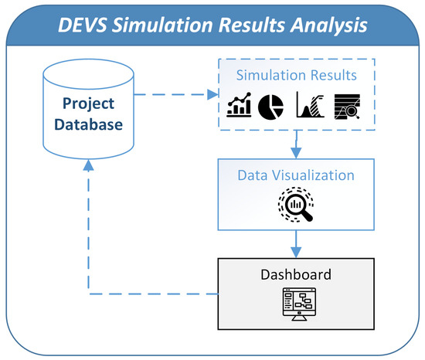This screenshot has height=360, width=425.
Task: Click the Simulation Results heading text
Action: pos(296,76)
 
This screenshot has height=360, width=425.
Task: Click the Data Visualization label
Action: pos(296,175)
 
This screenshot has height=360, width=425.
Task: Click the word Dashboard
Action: pos(296,274)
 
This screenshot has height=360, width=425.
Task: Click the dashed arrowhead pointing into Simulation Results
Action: pos(215,95)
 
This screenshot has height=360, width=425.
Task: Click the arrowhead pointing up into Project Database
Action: pos(90,164)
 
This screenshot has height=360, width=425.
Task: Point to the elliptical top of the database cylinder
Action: pos(90,68)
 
